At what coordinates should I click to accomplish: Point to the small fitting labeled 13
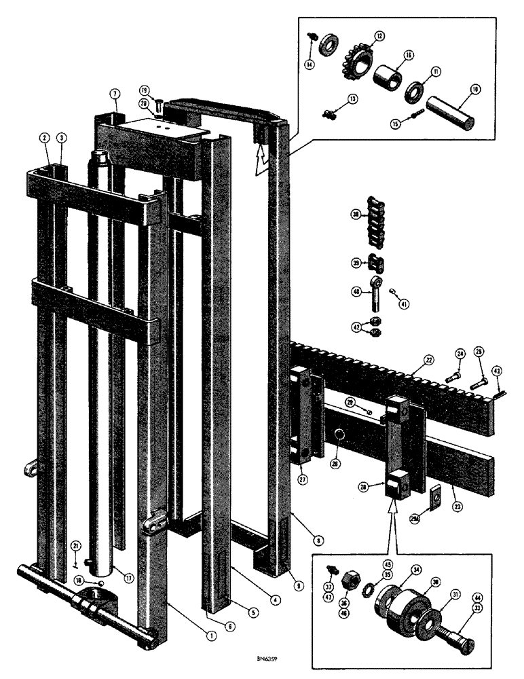click(x=330, y=115)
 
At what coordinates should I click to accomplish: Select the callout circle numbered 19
click(x=145, y=90)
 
